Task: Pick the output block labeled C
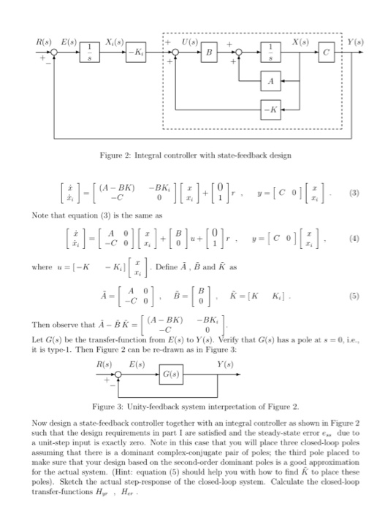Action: [x=328, y=54]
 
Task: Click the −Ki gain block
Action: [x=134, y=54]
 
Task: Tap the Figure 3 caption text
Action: [x=194, y=406]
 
